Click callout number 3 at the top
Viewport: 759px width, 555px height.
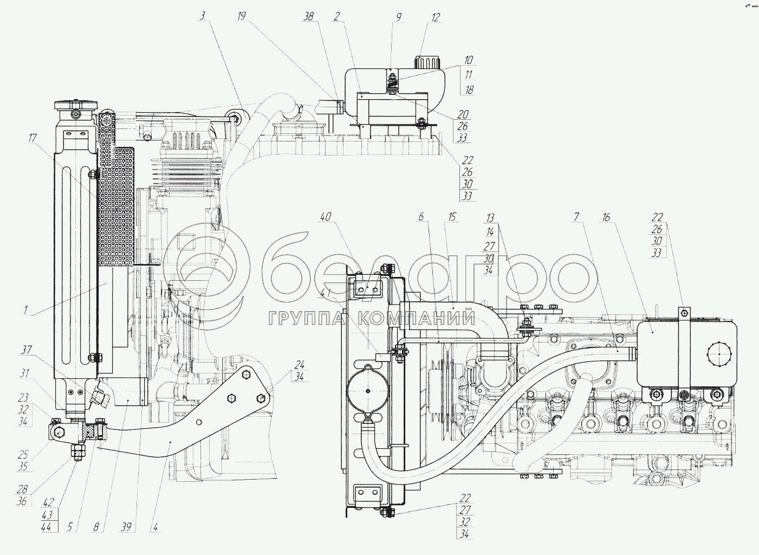pyautogui.click(x=202, y=16)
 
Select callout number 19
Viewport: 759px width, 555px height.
pyautogui.click(x=241, y=16)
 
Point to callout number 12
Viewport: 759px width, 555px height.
pyautogui.click(x=436, y=17)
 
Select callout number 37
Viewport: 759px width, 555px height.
pyautogui.click(x=25, y=350)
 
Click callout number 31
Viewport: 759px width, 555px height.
pyautogui.click(x=24, y=373)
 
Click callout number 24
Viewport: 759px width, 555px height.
pyautogui.click(x=300, y=364)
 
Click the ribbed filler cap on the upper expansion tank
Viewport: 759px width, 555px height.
pyautogui.click(x=427, y=61)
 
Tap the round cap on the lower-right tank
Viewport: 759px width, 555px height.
pyautogui.click(x=718, y=354)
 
